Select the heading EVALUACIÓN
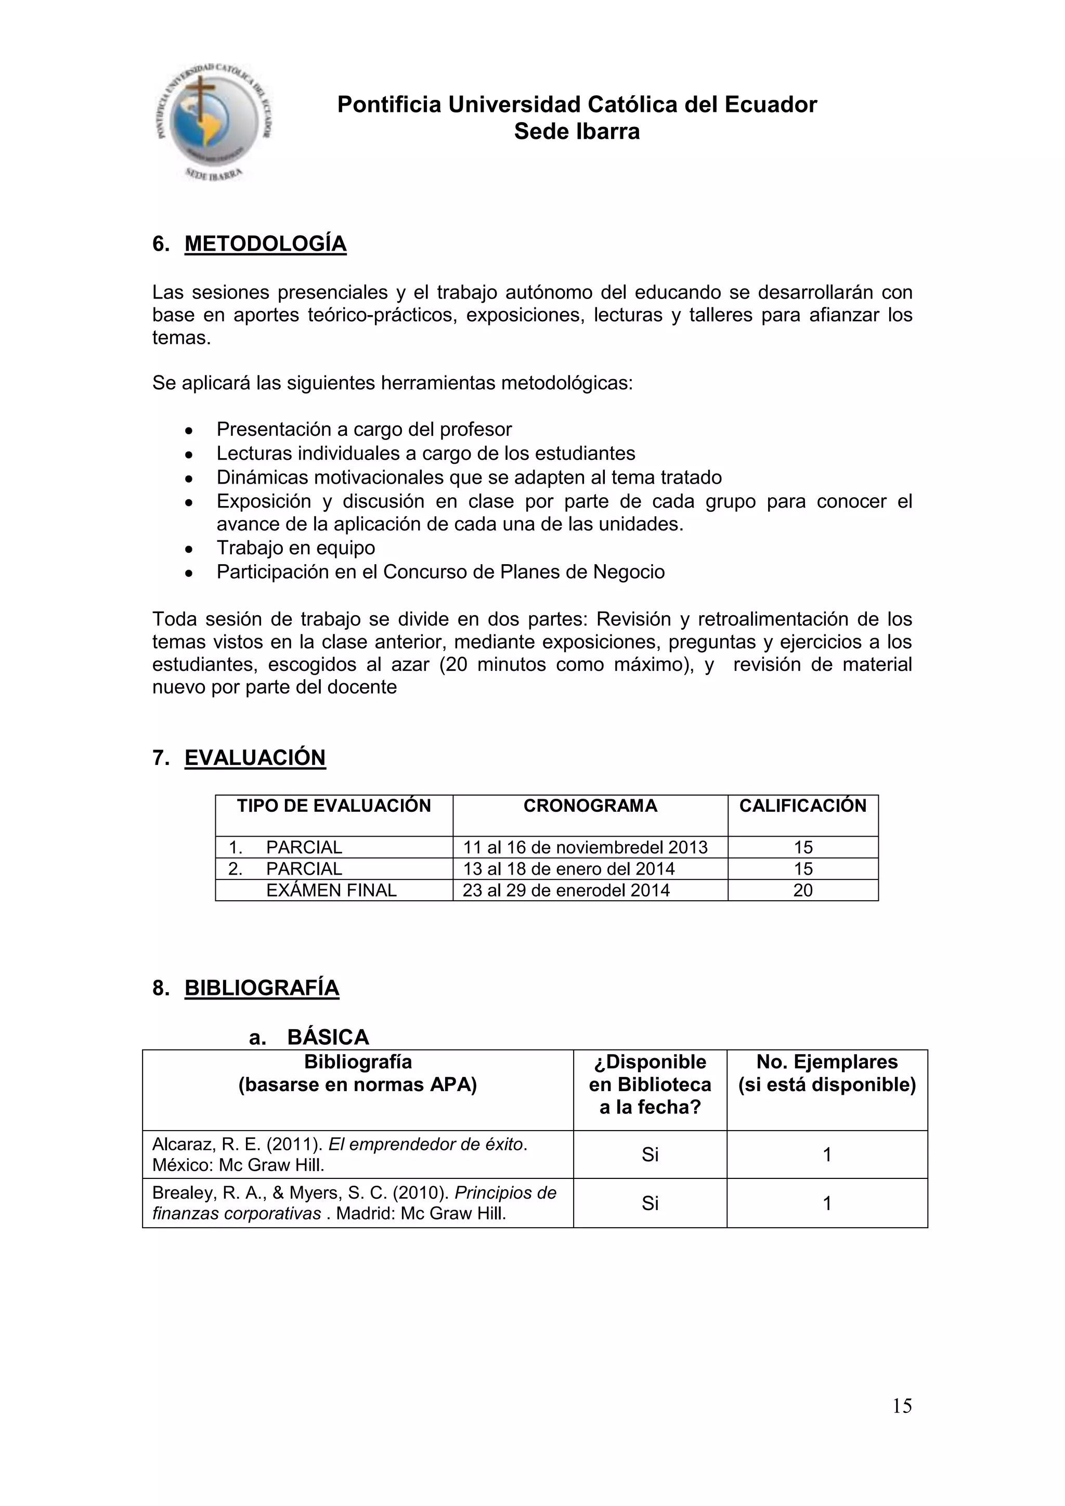click(255, 758)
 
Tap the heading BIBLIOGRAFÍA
click(262, 988)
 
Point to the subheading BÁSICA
click(328, 1037)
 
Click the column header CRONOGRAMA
click(590, 806)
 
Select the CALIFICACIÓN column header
click(803, 806)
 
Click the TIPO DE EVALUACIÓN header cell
click(334, 806)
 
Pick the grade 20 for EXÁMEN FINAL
click(803, 891)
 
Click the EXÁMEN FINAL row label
click(331, 891)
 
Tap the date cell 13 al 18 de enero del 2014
click(568, 869)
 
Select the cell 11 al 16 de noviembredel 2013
click(585, 848)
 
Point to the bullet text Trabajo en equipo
click(296, 548)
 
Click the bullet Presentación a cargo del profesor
click(364, 430)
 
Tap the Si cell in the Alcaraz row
click(650, 1154)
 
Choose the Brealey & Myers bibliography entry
click(354, 1203)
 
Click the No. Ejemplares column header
click(826, 1073)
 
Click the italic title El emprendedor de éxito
click(426, 1145)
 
